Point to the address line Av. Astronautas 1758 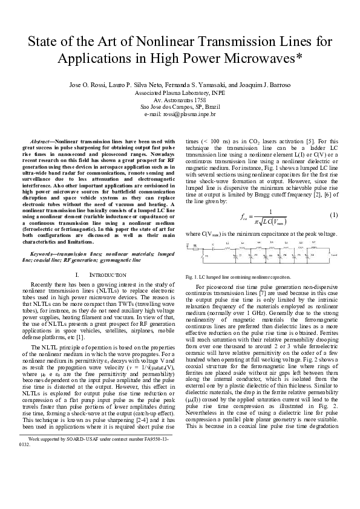180,99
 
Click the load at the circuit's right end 334,255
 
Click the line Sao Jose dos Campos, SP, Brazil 180,106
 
